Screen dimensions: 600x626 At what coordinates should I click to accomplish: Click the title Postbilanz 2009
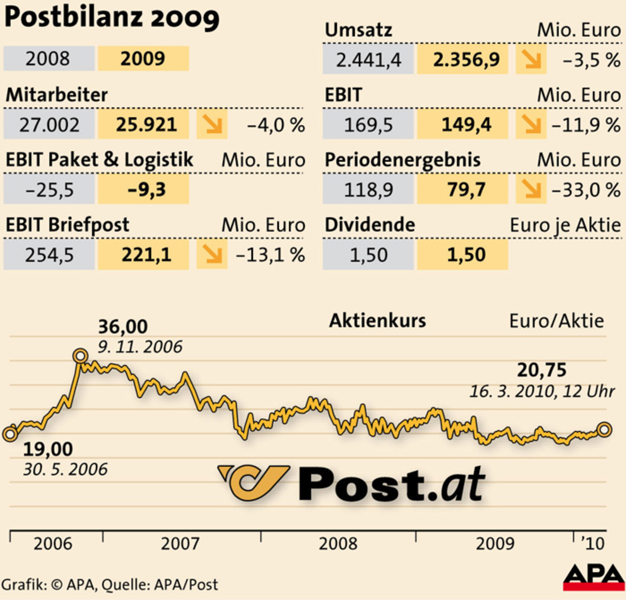[112, 17]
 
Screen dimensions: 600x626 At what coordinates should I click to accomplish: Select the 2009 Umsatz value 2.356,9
[466, 60]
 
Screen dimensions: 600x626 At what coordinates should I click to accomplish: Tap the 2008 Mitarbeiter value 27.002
[49, 125]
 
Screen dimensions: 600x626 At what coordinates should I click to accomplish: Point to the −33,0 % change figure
[586, 190]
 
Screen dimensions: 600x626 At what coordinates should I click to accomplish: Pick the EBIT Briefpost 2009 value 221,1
[146, 255]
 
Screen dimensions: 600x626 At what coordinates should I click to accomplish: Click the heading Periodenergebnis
[402, 160]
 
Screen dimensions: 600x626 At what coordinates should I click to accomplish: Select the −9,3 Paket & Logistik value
[146, 190]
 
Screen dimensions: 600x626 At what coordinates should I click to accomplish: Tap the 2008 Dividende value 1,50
[368, 255]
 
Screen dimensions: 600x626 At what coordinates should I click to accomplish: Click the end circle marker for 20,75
[604, 430]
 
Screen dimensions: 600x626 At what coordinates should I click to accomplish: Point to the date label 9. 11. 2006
[140, 347]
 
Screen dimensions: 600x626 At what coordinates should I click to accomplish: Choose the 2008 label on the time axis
[338, 544]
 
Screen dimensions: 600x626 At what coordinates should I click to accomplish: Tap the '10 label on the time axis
[593, 544]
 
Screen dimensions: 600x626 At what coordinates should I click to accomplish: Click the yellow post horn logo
[254, 483]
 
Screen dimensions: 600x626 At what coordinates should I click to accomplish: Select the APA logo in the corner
[594, 577]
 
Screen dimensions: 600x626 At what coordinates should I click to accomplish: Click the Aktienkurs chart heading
[377, 320]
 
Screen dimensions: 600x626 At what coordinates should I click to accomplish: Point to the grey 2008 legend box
[48, 58]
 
